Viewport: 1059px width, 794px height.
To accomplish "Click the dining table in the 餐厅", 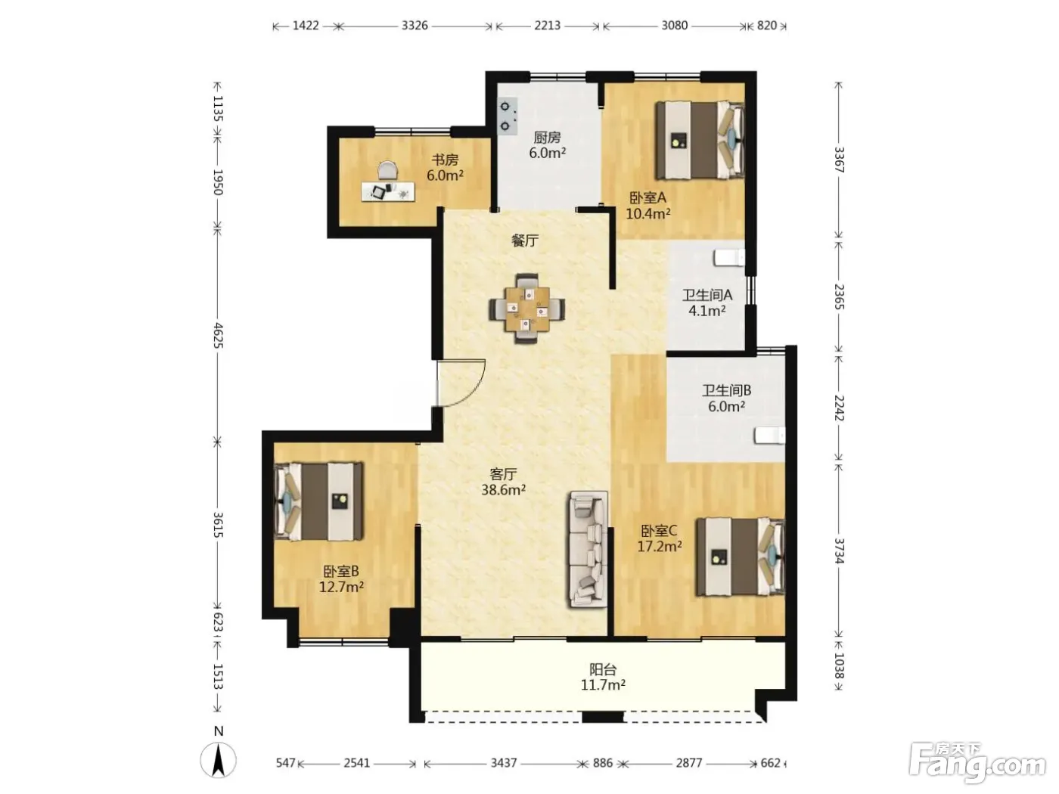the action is click(526, 309).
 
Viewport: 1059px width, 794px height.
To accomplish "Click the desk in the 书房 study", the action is click(388, 191).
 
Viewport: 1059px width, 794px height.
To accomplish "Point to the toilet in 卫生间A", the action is click(728, 257).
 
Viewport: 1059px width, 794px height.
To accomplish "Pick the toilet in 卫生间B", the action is click(769, 436).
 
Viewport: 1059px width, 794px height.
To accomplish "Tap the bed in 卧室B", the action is click(318, 501).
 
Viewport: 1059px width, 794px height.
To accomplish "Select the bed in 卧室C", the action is click(740, 557).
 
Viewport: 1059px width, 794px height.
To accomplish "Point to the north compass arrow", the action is click(219, 760).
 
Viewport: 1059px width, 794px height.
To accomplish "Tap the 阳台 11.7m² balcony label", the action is click(603, 677).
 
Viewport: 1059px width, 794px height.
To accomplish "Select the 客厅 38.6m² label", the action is click(503, 482).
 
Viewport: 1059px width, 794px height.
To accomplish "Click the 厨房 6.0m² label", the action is click(547, 145).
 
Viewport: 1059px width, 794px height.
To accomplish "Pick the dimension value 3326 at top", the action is click(415, 26).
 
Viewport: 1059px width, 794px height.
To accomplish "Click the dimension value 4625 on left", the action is click(218, 336).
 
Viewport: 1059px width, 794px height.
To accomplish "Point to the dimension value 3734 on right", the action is click(839, 551).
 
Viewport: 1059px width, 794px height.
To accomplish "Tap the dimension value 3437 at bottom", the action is click(504, 763).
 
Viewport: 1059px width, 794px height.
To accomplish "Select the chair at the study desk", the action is click(388, 171).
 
